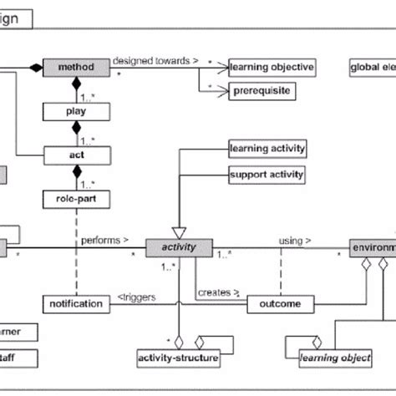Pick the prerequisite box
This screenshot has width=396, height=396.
(261, 89)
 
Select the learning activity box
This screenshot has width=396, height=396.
(267, 150)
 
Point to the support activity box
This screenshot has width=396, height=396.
(267, 175)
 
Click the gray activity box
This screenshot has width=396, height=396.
(178, 247)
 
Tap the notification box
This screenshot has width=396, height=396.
(76, 304)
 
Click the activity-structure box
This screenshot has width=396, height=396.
(177, 359)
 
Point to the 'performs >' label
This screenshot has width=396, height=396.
(104, 241)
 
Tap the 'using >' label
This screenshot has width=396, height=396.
(296, 241)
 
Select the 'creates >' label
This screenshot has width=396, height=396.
(219, 293)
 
